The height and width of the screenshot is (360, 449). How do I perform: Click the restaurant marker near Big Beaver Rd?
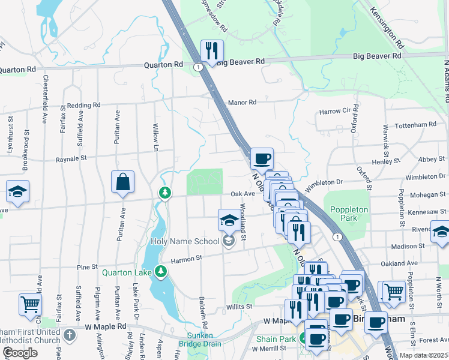(211, 51)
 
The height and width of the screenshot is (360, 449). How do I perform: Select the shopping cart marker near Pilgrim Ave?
(29, 304)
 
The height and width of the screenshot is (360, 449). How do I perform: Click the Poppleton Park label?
(344, 214)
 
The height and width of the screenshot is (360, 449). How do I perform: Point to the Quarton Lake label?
(125, 272)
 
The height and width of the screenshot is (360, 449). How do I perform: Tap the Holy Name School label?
(184, 242)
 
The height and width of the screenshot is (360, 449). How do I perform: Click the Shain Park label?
(276, 340)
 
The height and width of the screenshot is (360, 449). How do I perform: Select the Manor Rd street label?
(242, 103)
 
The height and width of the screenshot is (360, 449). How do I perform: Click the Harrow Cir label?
(334, 112)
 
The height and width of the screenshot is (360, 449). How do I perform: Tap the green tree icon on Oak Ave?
(164, 193)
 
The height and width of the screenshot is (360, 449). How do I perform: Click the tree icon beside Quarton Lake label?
(160, 272)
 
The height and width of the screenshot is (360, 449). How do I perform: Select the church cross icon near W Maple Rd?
(70, 334)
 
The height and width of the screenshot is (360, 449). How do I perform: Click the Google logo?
(20, 353)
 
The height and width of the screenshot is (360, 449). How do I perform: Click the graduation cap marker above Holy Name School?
(228, 221)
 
